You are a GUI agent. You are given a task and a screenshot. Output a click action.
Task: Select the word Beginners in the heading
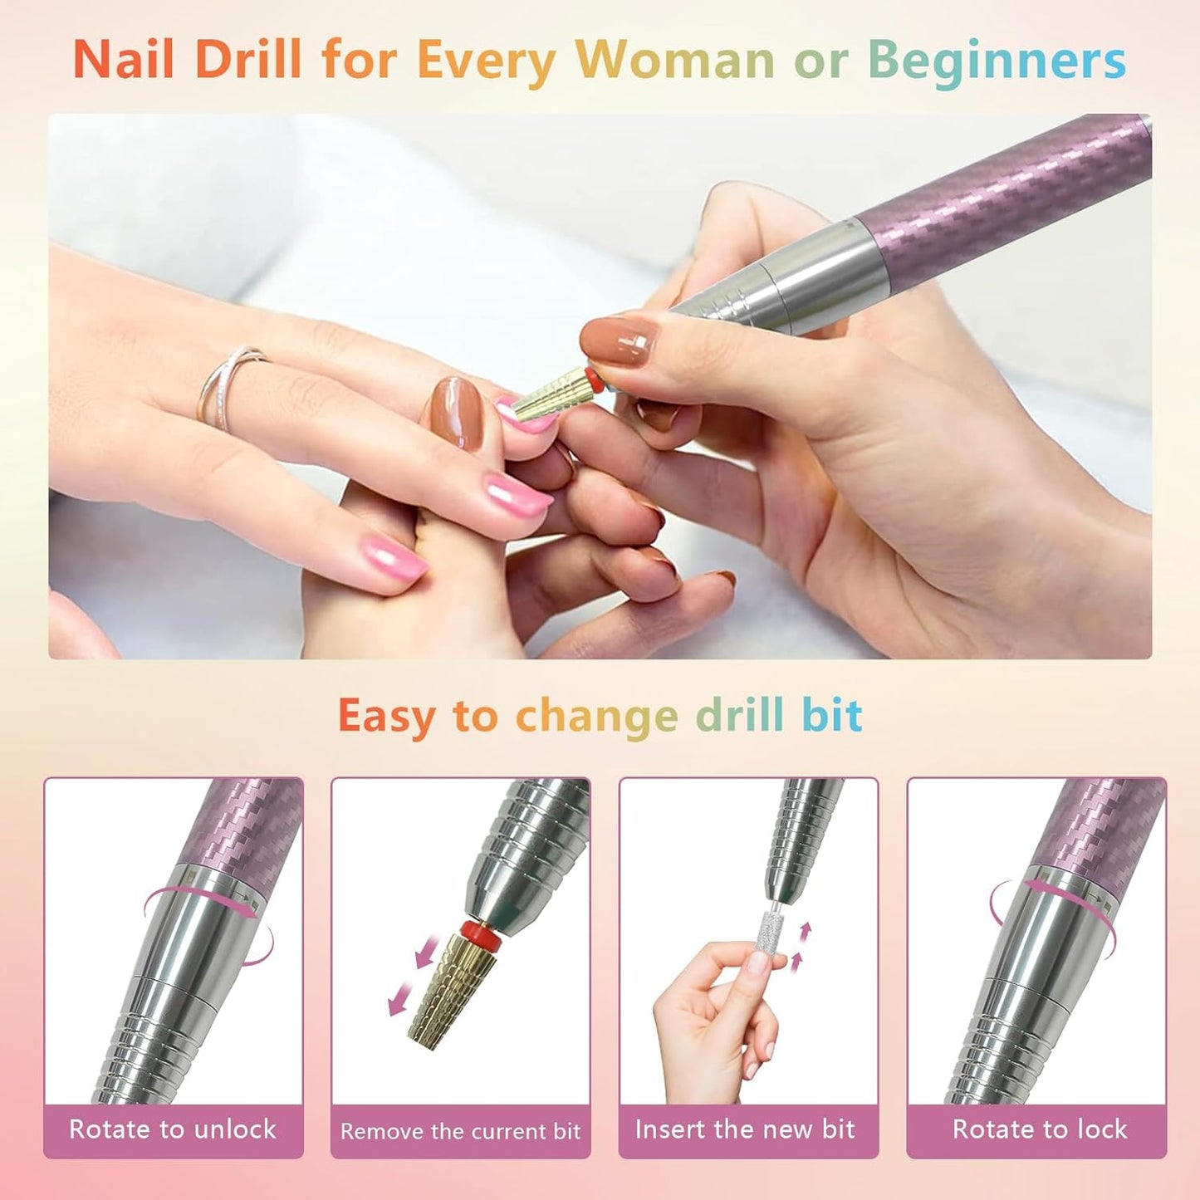click(997, 61)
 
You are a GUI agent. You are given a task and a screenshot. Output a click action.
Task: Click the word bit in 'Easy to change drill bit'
click(831, 715)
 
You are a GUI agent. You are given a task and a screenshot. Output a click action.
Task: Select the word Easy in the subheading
click(385, 717)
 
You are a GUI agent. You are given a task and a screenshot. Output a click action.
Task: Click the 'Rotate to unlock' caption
click(173, 1129)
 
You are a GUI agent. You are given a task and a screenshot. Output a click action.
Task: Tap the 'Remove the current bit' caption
click(460, 1131)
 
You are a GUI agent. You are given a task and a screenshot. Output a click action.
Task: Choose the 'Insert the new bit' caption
click(745, 1129)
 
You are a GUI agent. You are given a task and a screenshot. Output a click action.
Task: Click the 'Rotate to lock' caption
click(1039, 1129)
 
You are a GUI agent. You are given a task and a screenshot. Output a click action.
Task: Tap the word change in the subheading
click(596, 715)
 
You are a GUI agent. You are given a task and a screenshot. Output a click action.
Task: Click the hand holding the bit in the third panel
click(714, 1021)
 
